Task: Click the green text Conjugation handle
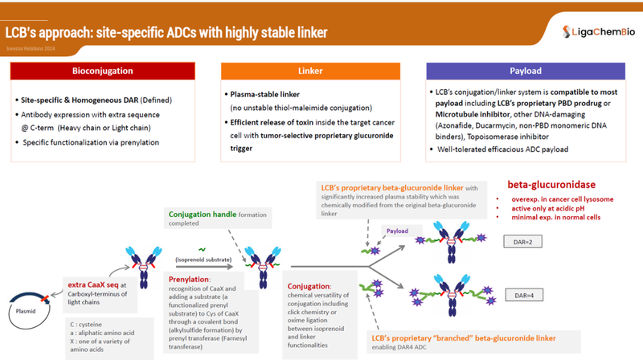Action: tap(203, 214)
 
